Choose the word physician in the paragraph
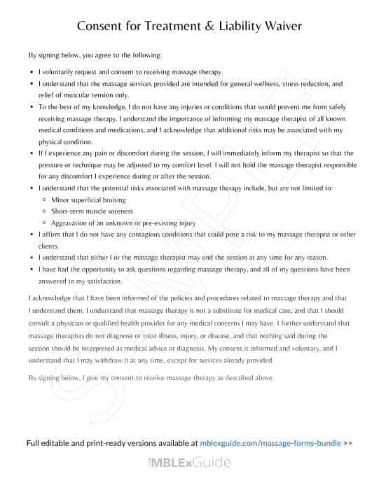(77, 323)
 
